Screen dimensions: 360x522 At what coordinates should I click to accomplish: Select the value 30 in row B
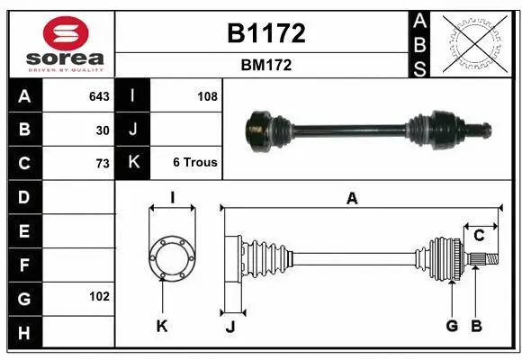point(103,130)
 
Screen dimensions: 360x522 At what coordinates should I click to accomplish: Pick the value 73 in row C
point(103,163)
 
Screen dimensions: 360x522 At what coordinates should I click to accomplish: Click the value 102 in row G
point(99,296)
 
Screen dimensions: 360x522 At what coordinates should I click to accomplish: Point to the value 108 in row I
point(206,96)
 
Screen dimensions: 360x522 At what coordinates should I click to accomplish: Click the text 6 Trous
point(194,163)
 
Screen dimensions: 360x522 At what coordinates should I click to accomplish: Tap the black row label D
point(24,197)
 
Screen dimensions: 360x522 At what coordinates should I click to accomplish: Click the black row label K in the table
point(134,163)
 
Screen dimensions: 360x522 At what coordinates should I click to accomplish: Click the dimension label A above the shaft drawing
point(352,199)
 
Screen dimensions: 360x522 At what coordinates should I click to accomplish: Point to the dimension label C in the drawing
point(479,236)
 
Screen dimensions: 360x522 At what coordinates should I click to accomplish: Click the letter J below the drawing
point(230,327)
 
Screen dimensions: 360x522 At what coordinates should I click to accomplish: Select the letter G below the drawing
point(452,326)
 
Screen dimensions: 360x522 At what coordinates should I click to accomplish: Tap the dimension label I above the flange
point(172,198)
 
